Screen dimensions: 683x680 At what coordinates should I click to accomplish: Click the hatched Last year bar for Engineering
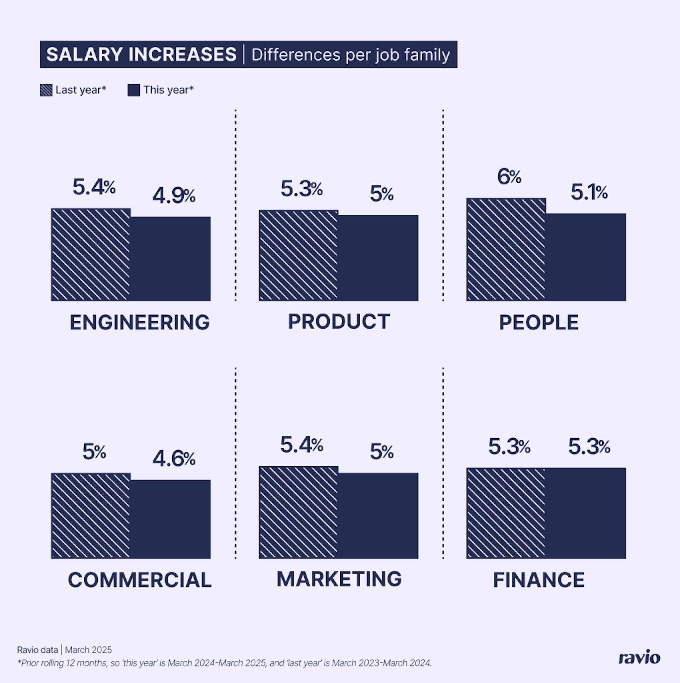(91, 255)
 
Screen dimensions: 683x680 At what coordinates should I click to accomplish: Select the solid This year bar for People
(585, 257)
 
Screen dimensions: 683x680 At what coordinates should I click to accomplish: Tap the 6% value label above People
(509, 176)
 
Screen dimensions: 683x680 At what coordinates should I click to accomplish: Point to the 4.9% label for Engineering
(173, 196)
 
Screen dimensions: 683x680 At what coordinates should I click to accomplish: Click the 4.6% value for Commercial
(173, 459)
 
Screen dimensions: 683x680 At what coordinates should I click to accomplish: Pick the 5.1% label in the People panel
(589, 193)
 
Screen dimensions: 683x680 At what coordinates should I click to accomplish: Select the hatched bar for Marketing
(298, 512)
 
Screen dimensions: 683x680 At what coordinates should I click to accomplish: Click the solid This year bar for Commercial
(170, 519)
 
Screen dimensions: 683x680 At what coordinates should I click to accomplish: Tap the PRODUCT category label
(339, 321)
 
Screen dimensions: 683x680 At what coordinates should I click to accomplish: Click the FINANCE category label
(539, 580)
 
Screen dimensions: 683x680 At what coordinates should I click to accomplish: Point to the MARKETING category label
(339, 579)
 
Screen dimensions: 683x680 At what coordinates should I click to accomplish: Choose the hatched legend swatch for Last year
(46, 90)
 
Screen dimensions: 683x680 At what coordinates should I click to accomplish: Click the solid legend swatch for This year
(133, 90)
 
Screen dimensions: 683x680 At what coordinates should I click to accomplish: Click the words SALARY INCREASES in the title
(141, 54)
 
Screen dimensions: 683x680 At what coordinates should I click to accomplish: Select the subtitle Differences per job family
(350, 55)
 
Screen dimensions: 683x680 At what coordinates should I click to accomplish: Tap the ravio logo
(639, 657)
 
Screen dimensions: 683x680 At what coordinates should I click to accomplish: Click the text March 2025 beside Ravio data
(88, 650)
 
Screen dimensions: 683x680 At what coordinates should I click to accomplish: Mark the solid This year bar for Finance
(585, 513)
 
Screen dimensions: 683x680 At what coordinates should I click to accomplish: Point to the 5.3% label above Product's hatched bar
(301, 189)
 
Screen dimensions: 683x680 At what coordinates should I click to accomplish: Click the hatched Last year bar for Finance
(506, 513)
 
